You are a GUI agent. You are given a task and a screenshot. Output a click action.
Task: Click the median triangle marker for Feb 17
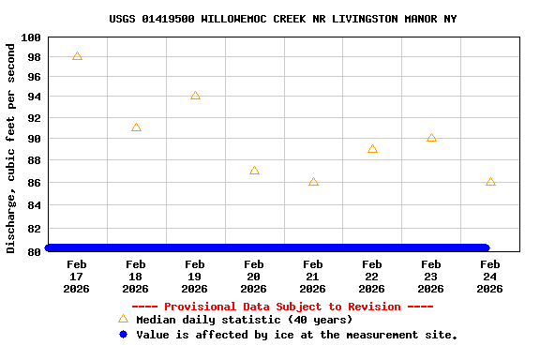77,56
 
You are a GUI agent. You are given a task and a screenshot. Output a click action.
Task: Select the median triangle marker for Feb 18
136,127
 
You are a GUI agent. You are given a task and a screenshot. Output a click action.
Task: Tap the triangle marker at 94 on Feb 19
195,96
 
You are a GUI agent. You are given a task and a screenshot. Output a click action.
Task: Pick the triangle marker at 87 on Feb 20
254,171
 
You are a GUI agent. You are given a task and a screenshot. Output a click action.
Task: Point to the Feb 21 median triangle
313,182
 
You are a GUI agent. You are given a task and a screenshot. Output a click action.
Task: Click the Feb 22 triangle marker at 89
372,149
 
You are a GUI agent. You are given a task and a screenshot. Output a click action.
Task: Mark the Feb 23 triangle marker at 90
431,138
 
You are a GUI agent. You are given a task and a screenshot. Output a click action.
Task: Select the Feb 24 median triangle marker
490,182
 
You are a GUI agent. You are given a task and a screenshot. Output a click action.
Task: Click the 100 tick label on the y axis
30,37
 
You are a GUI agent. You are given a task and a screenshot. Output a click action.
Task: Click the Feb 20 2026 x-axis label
254,277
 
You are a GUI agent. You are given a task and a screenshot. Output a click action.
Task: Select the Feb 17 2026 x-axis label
77,277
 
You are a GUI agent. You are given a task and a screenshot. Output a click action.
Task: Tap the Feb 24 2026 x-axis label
490,277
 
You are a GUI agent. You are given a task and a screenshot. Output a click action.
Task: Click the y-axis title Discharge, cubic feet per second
11,147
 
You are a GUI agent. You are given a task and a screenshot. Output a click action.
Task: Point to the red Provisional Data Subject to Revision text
282,307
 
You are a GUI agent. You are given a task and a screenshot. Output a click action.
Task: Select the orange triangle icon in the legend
123,320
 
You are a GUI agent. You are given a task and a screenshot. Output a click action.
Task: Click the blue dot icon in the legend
123,335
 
